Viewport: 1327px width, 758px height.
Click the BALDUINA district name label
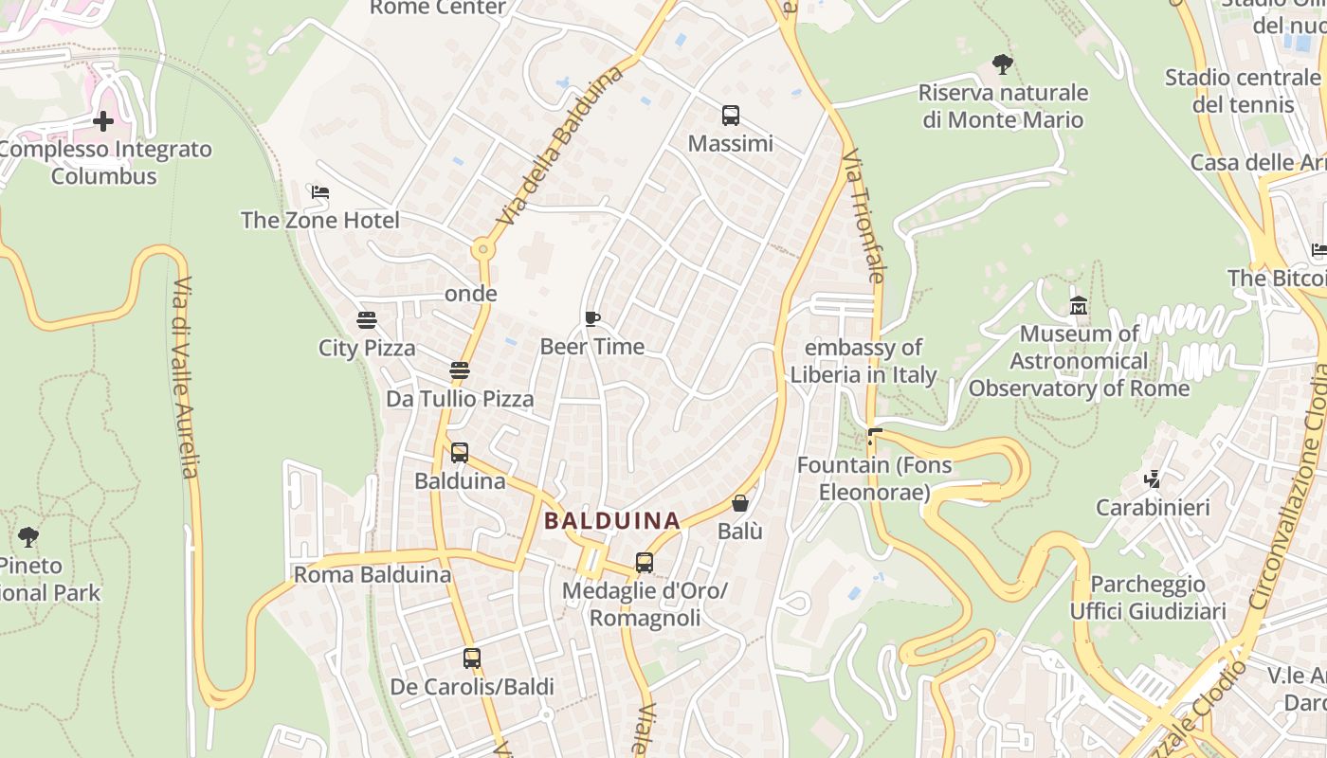(612, 520)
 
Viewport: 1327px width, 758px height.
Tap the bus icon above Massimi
(730, 116)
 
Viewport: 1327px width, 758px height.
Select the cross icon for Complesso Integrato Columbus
(103, 121)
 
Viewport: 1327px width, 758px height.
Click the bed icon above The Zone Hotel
(320, 192)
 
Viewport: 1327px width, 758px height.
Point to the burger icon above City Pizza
(367, 320)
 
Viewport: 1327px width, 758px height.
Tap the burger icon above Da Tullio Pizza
(460, 370)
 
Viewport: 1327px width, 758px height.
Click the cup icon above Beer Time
(592, 318)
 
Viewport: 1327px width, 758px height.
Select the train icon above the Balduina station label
(460, 453)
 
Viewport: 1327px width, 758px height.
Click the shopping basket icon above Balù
(740, 503)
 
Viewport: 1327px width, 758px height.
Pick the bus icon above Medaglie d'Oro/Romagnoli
(645, 563)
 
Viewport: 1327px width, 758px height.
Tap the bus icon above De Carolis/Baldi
(472, 658)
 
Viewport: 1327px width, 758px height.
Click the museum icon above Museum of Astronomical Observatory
(1079, 306)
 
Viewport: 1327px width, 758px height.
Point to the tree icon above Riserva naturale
(1003, 64)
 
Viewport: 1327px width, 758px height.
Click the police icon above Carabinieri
(1153, 479)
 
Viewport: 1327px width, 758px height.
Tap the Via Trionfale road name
(863, 215)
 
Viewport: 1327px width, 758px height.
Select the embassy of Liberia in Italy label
(863, 361)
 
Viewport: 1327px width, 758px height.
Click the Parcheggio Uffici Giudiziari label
(1148, 598)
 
